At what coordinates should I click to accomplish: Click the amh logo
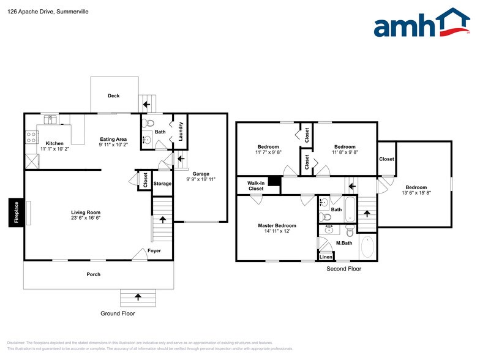[422, 24]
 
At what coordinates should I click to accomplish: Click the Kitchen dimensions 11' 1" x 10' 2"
[55, 149]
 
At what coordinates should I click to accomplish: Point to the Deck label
[114, 96]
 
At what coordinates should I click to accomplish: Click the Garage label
[200, 174]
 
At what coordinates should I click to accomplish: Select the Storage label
[162, 184]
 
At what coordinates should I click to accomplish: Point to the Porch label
[93, 274]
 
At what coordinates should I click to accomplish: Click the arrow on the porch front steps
[137, 297]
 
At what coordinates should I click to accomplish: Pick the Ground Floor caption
[118, 313]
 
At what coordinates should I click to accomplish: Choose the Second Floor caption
[343, 269]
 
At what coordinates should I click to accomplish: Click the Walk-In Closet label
[256, 186]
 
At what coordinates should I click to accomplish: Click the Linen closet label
[326, 257]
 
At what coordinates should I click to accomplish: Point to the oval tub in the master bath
[367, 247]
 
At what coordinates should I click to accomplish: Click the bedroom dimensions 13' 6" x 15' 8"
[416, 193]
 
